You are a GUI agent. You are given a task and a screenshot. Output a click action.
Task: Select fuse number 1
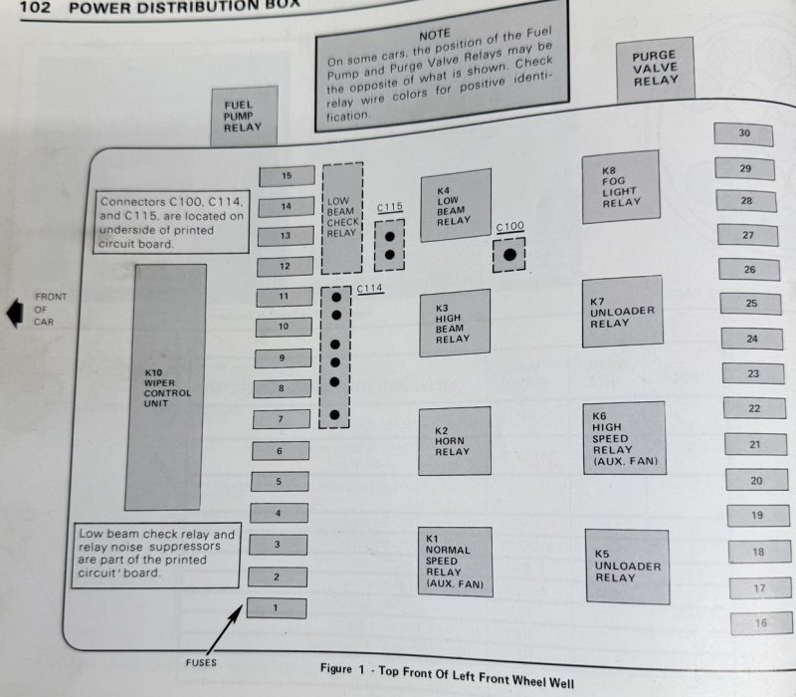pyautogui.click(x=276, y=606)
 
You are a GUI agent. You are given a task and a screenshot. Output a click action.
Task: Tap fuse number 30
pyautogui.click(x=743, y=134)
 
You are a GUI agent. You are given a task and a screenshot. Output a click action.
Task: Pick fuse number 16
pyautogui.click(x=761, y=623)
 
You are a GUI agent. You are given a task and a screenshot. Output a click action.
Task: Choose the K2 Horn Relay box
pyautogui.click(x=455, y=439)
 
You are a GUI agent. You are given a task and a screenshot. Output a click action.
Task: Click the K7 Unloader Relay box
pyautogui.click(x=623, y=312)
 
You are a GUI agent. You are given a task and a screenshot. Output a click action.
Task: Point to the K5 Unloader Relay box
pyautogui.click(x=626, y=567)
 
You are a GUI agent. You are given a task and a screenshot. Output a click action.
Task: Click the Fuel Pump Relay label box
pyautogui.click(x=243, y=115)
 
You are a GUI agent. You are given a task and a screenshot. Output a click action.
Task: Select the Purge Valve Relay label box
pyautogui.click(x=654, y=69)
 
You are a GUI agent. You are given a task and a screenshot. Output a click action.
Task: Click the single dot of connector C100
pyautogui.click(x=509, y=256)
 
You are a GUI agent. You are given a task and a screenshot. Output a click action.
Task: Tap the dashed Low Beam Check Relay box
pyautogui.click(x=342, y=219)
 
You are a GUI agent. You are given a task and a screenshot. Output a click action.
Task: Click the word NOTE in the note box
pyautogui.click(x=435, y=33)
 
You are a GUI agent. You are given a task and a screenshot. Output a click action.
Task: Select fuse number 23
pyautogui.click(x=753, y=373)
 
